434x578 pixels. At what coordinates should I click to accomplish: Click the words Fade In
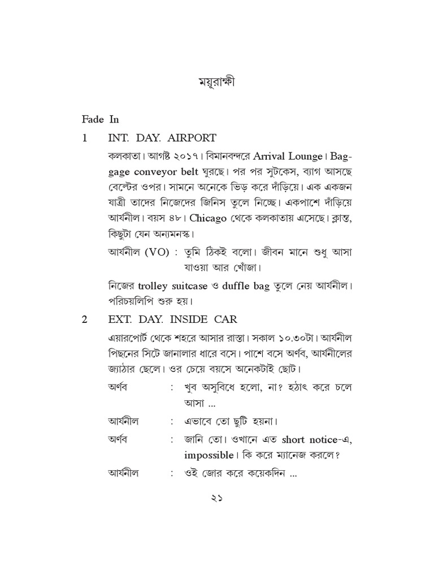[100, 119]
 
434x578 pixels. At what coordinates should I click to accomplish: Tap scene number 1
[85, 138]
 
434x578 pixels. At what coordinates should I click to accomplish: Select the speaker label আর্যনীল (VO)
[138, 252]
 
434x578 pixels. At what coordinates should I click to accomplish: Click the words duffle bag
[246, 286]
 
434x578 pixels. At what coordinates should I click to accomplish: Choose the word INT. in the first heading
[118, 138]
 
